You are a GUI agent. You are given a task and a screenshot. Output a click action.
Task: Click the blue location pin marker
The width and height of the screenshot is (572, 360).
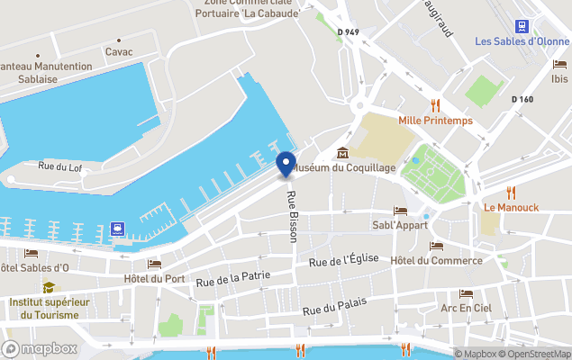(x=286, y=165)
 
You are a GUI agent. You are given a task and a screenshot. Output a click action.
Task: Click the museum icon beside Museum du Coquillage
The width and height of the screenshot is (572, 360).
(x=342, y=152)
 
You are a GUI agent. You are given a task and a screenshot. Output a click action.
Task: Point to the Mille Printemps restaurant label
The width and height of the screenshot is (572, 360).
(x=436, y=121)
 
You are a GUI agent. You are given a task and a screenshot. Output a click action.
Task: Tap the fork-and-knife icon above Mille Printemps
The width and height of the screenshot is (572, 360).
(x=436, y=103)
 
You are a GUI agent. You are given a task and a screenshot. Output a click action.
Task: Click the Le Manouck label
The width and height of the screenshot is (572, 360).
(x=511, y=207)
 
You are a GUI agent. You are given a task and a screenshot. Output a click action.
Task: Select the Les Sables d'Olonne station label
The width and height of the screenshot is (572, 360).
(x=522, y=41)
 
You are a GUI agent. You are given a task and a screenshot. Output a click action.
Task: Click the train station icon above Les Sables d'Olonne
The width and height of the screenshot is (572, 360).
(x=522, y=25)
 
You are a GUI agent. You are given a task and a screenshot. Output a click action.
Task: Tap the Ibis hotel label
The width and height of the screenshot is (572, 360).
(x=559, y=79)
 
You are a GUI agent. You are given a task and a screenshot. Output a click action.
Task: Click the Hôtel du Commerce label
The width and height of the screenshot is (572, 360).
(x=436, y=261)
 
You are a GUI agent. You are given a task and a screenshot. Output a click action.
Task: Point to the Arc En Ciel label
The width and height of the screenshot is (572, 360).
(x=466, y=309)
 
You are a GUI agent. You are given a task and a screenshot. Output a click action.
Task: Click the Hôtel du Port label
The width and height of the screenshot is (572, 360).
(x=154, y=279)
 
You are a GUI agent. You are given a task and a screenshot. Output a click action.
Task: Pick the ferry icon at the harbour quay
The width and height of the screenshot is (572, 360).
(x=117, y=229)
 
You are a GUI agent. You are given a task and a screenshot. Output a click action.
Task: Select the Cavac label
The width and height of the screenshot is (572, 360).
(x=119, y=52)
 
